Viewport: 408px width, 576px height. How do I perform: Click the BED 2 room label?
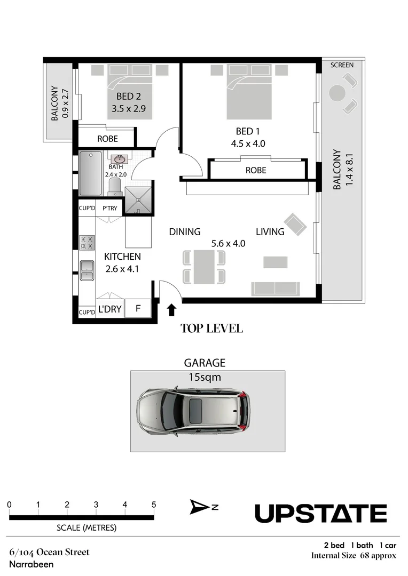tap(128, 96)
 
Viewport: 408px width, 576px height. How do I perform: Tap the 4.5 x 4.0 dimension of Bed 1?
tap(248, 143)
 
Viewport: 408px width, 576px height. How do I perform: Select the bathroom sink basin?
tap(119, 159)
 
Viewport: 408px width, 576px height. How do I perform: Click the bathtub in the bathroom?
tap(90, 173)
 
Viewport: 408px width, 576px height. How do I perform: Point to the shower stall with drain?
tap(138, 200)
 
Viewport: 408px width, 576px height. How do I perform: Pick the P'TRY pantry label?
tap(109, 209)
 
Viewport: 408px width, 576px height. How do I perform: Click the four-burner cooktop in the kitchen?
tap(88, 243)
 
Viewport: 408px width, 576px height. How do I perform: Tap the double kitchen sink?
tap(87, 270)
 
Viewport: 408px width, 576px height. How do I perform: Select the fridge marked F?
tap(138, 308)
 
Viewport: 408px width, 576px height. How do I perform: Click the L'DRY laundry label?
tap(109, 309)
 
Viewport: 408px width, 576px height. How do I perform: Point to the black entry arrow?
tap(171, 310)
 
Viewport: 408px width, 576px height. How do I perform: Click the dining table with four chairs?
tap(204, 267)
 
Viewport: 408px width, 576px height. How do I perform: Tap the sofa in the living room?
tap(276, 289)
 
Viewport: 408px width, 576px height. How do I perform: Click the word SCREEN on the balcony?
tap(342, 65)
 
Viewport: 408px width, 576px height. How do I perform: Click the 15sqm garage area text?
tap(205, 377)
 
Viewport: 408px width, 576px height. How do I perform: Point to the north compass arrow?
tap(198, 507)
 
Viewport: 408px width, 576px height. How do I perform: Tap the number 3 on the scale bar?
tap(96, 505)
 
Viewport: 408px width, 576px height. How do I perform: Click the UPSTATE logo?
tap(321, 513)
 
